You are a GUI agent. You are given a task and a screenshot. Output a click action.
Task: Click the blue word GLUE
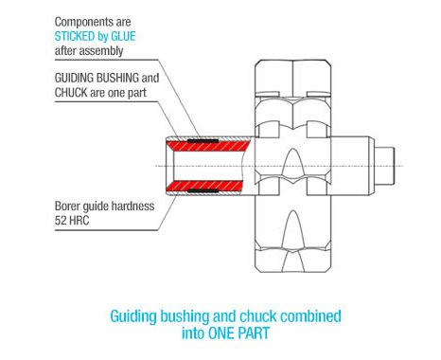point(123,36)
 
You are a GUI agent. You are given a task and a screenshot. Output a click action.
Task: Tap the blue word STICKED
point(75,36)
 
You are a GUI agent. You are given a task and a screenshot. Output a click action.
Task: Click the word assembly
point(101,51)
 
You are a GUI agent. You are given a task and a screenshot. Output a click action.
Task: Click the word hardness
point(132,207)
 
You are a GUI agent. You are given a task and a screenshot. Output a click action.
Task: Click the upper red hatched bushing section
point(208,146)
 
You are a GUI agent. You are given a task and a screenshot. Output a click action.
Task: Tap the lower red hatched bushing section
point(204,186)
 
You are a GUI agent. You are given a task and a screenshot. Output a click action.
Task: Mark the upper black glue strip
point(203,141)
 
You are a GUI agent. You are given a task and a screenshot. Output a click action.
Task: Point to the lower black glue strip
point(203,190)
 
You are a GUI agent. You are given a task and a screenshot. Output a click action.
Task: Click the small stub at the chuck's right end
point(384,166)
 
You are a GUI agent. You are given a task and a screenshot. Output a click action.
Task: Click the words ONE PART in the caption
point(238,333)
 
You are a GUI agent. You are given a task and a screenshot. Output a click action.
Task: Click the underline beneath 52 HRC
point(106,230)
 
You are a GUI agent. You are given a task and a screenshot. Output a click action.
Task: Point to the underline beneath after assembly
point(106,60)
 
